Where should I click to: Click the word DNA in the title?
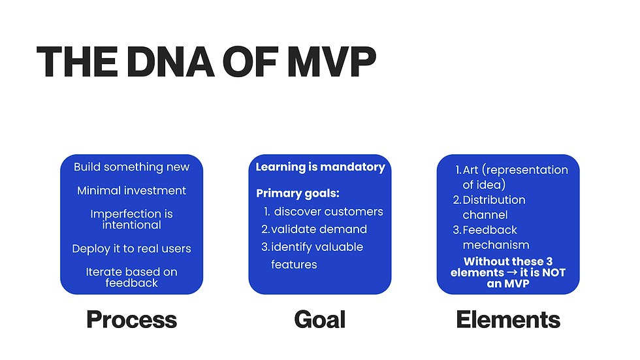pyautogui.click(x=170, y=61)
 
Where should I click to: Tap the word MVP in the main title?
pyautogui.click(x=331, y=61)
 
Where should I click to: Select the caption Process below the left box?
pyautogui.click(x=131, y=319)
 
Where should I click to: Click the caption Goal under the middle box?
pyautogui.click(x=320, y=319)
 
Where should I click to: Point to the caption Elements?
pyautogui.click(x=508, y=319)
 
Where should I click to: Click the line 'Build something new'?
pyautogui.click(x=131, y=167)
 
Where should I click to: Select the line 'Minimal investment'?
pyautogui.click(x=131, y=190)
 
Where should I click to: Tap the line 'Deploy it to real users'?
pyautogui.click(x=131, y=248)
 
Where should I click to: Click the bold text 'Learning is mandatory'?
pyautogui.click(x=321, y=167)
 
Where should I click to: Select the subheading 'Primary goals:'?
pyautogui.click(x=298, y=193)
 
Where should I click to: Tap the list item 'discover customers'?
pyautogui.click(x=328, y=212)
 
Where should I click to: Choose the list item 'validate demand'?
pyautogui.click(x=319, y=229)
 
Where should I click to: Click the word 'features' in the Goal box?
pyautogui.click(x=294, y=265)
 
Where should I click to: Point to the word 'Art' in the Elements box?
pyautogui.click(x=470, y=170)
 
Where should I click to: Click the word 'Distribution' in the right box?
pyautogui.click(x=494, y=199)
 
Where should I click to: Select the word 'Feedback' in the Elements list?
pyautogui.click(x=490, y=230)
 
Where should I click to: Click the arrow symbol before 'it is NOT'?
pyautogui.click(x=511, y=272)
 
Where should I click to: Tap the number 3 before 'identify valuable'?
pyautogui.click(x=265, y=247)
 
